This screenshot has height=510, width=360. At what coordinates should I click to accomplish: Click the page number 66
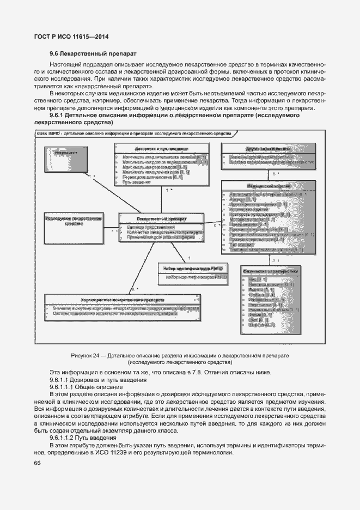[38, 463]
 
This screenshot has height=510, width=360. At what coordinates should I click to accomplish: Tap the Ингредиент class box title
[66, 154]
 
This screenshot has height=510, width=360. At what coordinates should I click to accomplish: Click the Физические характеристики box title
[270, 271]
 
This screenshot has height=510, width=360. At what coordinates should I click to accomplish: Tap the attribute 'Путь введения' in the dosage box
[130, 182]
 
